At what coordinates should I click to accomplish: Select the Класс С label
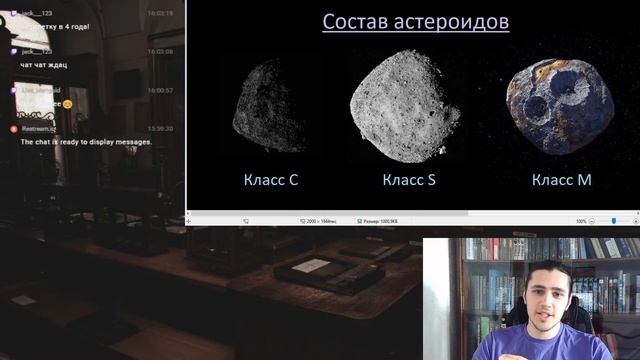click(270, 180)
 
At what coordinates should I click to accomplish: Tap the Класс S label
click(409, 180)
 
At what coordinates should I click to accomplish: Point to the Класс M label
click(561, 180)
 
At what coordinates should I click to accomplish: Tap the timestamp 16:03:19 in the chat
click(160, 13)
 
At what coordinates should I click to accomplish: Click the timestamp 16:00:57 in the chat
click(160, 90)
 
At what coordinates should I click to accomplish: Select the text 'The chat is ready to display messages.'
click(86, 142)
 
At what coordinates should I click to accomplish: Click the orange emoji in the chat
click(67, 103)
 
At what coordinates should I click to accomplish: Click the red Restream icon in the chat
click(13, 128)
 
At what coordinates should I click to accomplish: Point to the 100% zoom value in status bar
click(581, 221)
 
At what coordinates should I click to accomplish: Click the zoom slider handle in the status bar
click(613, 221)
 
